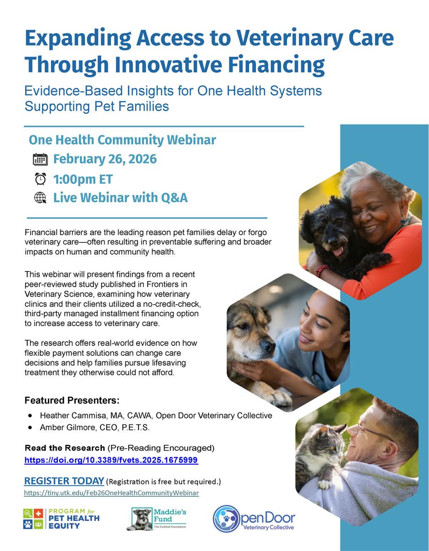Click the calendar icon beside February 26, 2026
[40, 159]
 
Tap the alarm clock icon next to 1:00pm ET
[40, 179]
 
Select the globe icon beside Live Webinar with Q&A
[40, 198]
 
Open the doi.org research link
[111, 460]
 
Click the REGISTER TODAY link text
[64, 481]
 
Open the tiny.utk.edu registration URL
[111, 493]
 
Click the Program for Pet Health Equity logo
[61, 518]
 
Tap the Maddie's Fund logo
[156, 519]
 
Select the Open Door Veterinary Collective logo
[254, 519]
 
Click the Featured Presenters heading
[72, 400]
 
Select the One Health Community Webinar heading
[122, 140]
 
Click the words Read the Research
[64, 448]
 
